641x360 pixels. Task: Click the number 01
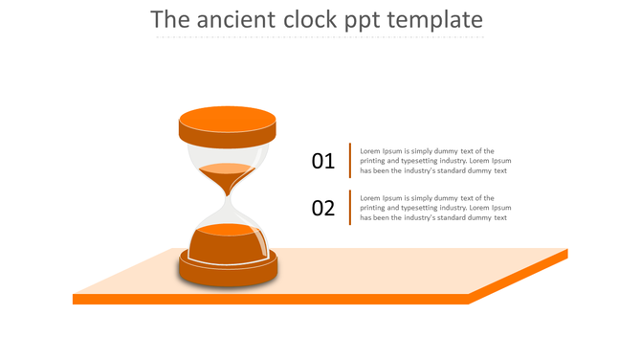pos(323,161)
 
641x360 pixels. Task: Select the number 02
pos(323,208)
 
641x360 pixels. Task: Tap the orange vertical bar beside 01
pos(350,160)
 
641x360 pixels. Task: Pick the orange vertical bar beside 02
pos(350,207)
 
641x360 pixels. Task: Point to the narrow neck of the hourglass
pos(228,198)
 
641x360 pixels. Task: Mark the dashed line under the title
pos(320,38)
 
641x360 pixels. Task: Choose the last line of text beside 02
pos(432,217)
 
